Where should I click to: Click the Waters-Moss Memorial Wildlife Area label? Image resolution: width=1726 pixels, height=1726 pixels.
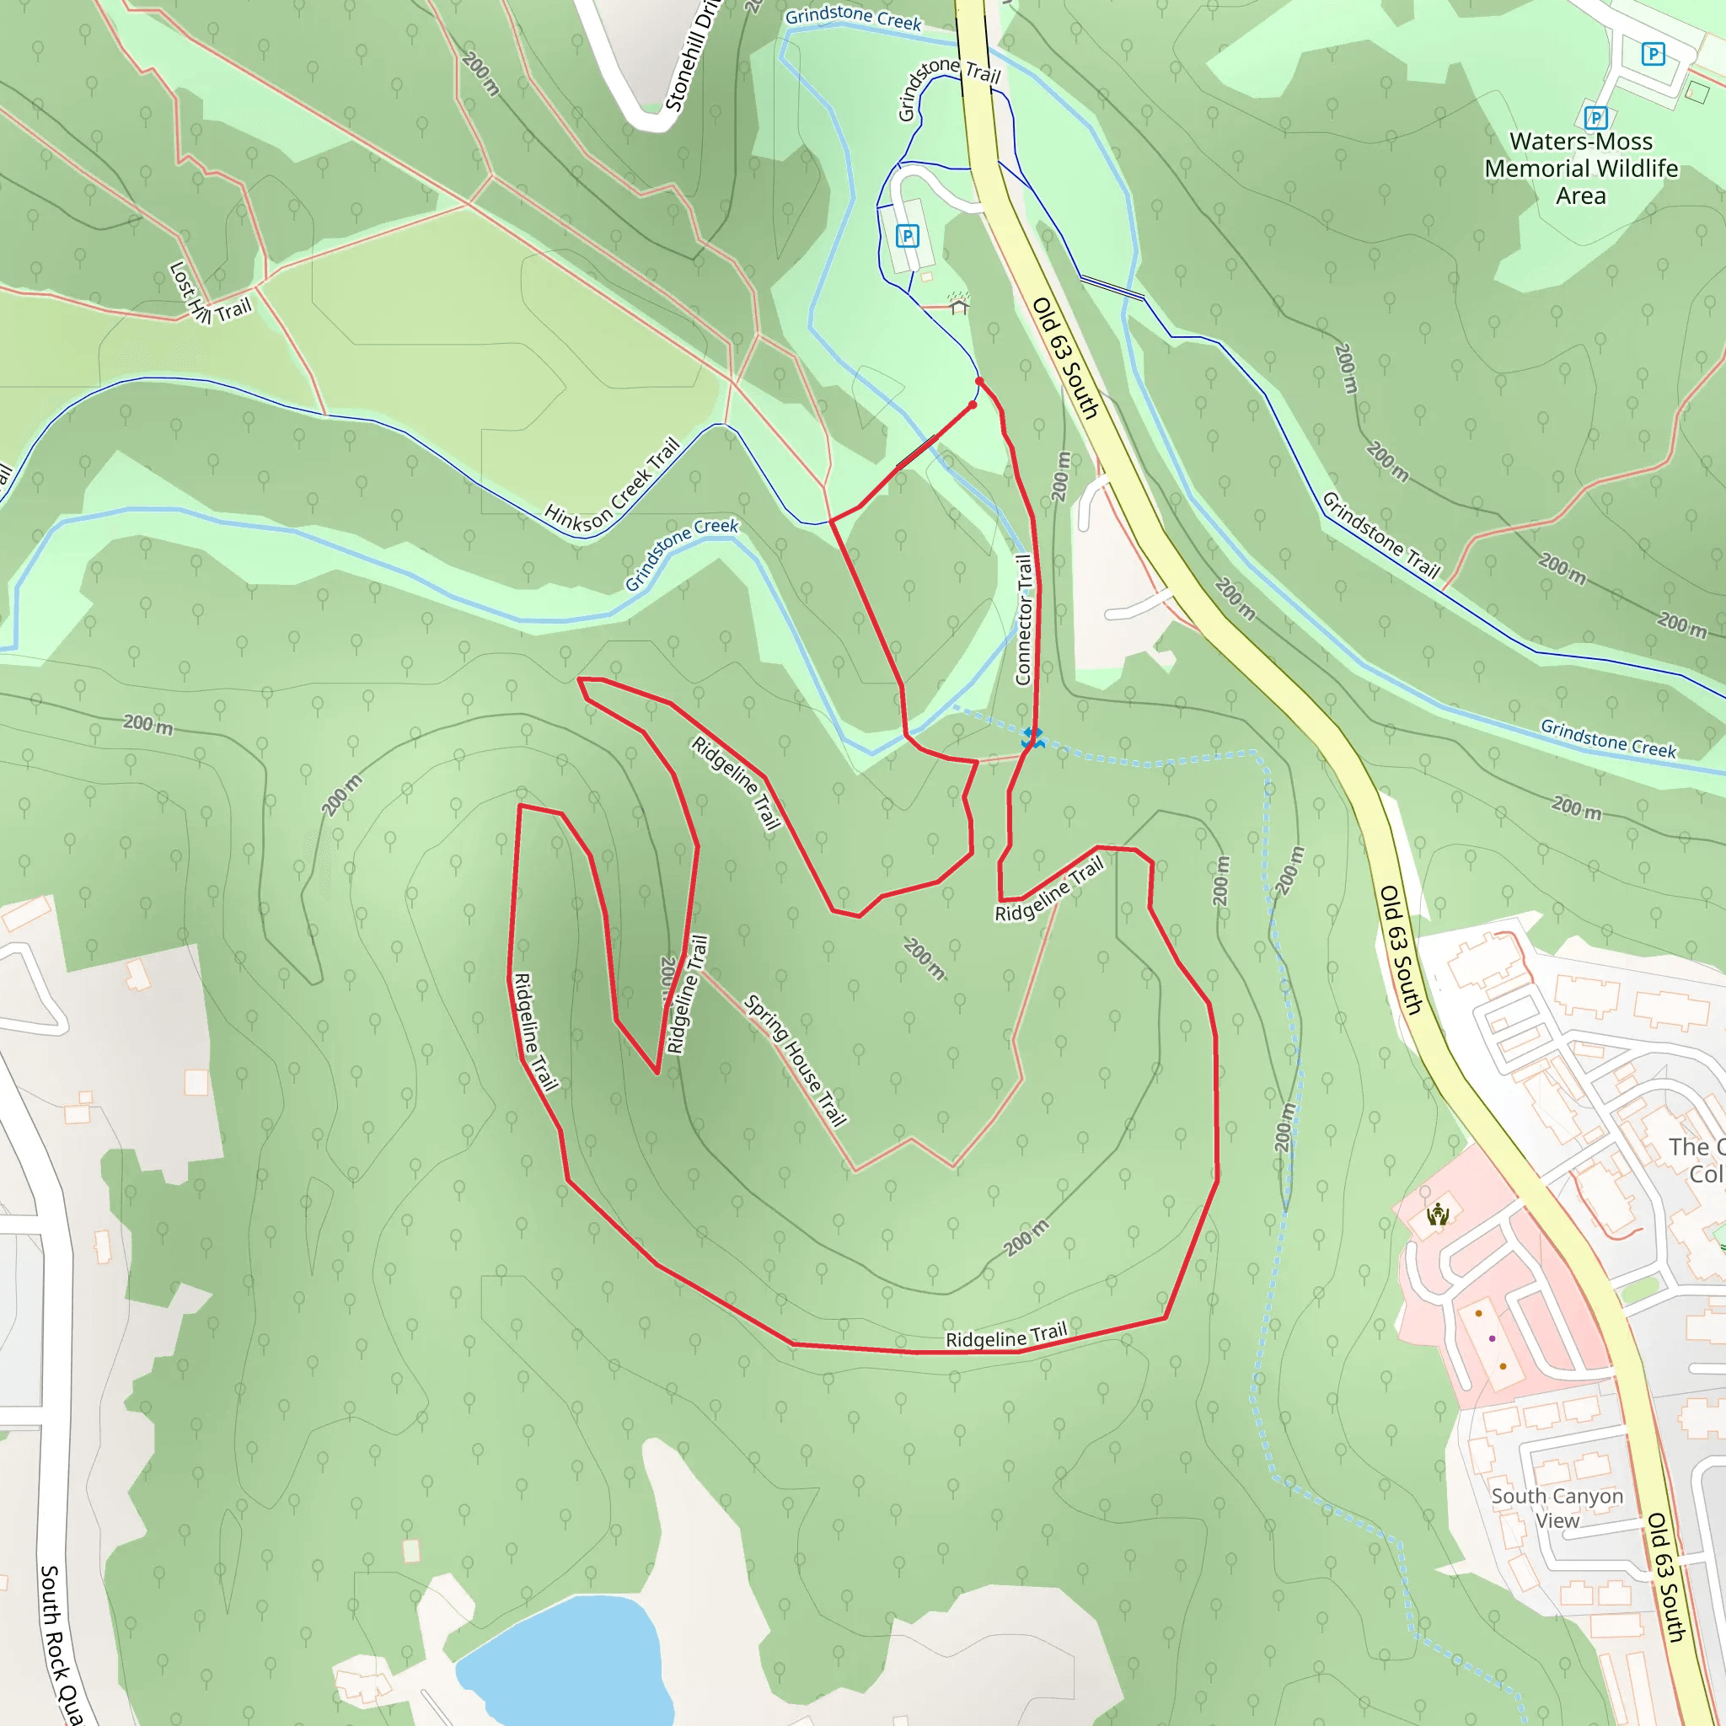pyautogui.click(x=1580, y=168)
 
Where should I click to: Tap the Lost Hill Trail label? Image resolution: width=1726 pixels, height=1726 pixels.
pyautogui.click(x=210, y=294)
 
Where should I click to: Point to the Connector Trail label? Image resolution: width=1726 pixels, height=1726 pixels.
pyautogui.click(x=1024, y=619)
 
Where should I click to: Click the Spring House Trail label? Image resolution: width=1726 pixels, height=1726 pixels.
pyautogui.click(x=795, y=1060)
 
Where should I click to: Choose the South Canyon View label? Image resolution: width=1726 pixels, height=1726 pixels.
pyautogui.click(x=1557, y=1507)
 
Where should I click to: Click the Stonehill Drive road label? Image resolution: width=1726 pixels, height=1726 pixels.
pyautogui.click(x=689, y=58)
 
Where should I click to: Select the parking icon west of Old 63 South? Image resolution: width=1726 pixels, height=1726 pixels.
pyautogui.click(x=907, y=236)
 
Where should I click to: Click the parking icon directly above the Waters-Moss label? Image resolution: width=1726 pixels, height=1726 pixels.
pyautogui.click(x=1595, y=117)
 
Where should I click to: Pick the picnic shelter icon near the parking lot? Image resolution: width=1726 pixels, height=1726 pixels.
pyautogui.click(x=958, y=307)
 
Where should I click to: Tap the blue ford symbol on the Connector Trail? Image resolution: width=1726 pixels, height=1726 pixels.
pyautogui.click(x=1032, y=737)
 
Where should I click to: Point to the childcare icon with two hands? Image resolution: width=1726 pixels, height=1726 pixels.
pyautogui.click(x=1438, y=1215)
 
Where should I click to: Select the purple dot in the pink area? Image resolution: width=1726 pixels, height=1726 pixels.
pyautogui.click(x=1492, y=1338)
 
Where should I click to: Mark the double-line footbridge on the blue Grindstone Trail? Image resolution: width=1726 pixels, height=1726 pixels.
pyautogui.click(x=1112, y=287)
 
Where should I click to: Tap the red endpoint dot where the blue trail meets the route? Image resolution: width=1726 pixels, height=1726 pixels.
pyautogui.click(x=979, y=382)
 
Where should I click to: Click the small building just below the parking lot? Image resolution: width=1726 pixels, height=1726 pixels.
pyautogui.click(x=926, y=277)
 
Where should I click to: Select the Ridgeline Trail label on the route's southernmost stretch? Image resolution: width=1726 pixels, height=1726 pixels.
pyautogui.click(x=1006, y=1337)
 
